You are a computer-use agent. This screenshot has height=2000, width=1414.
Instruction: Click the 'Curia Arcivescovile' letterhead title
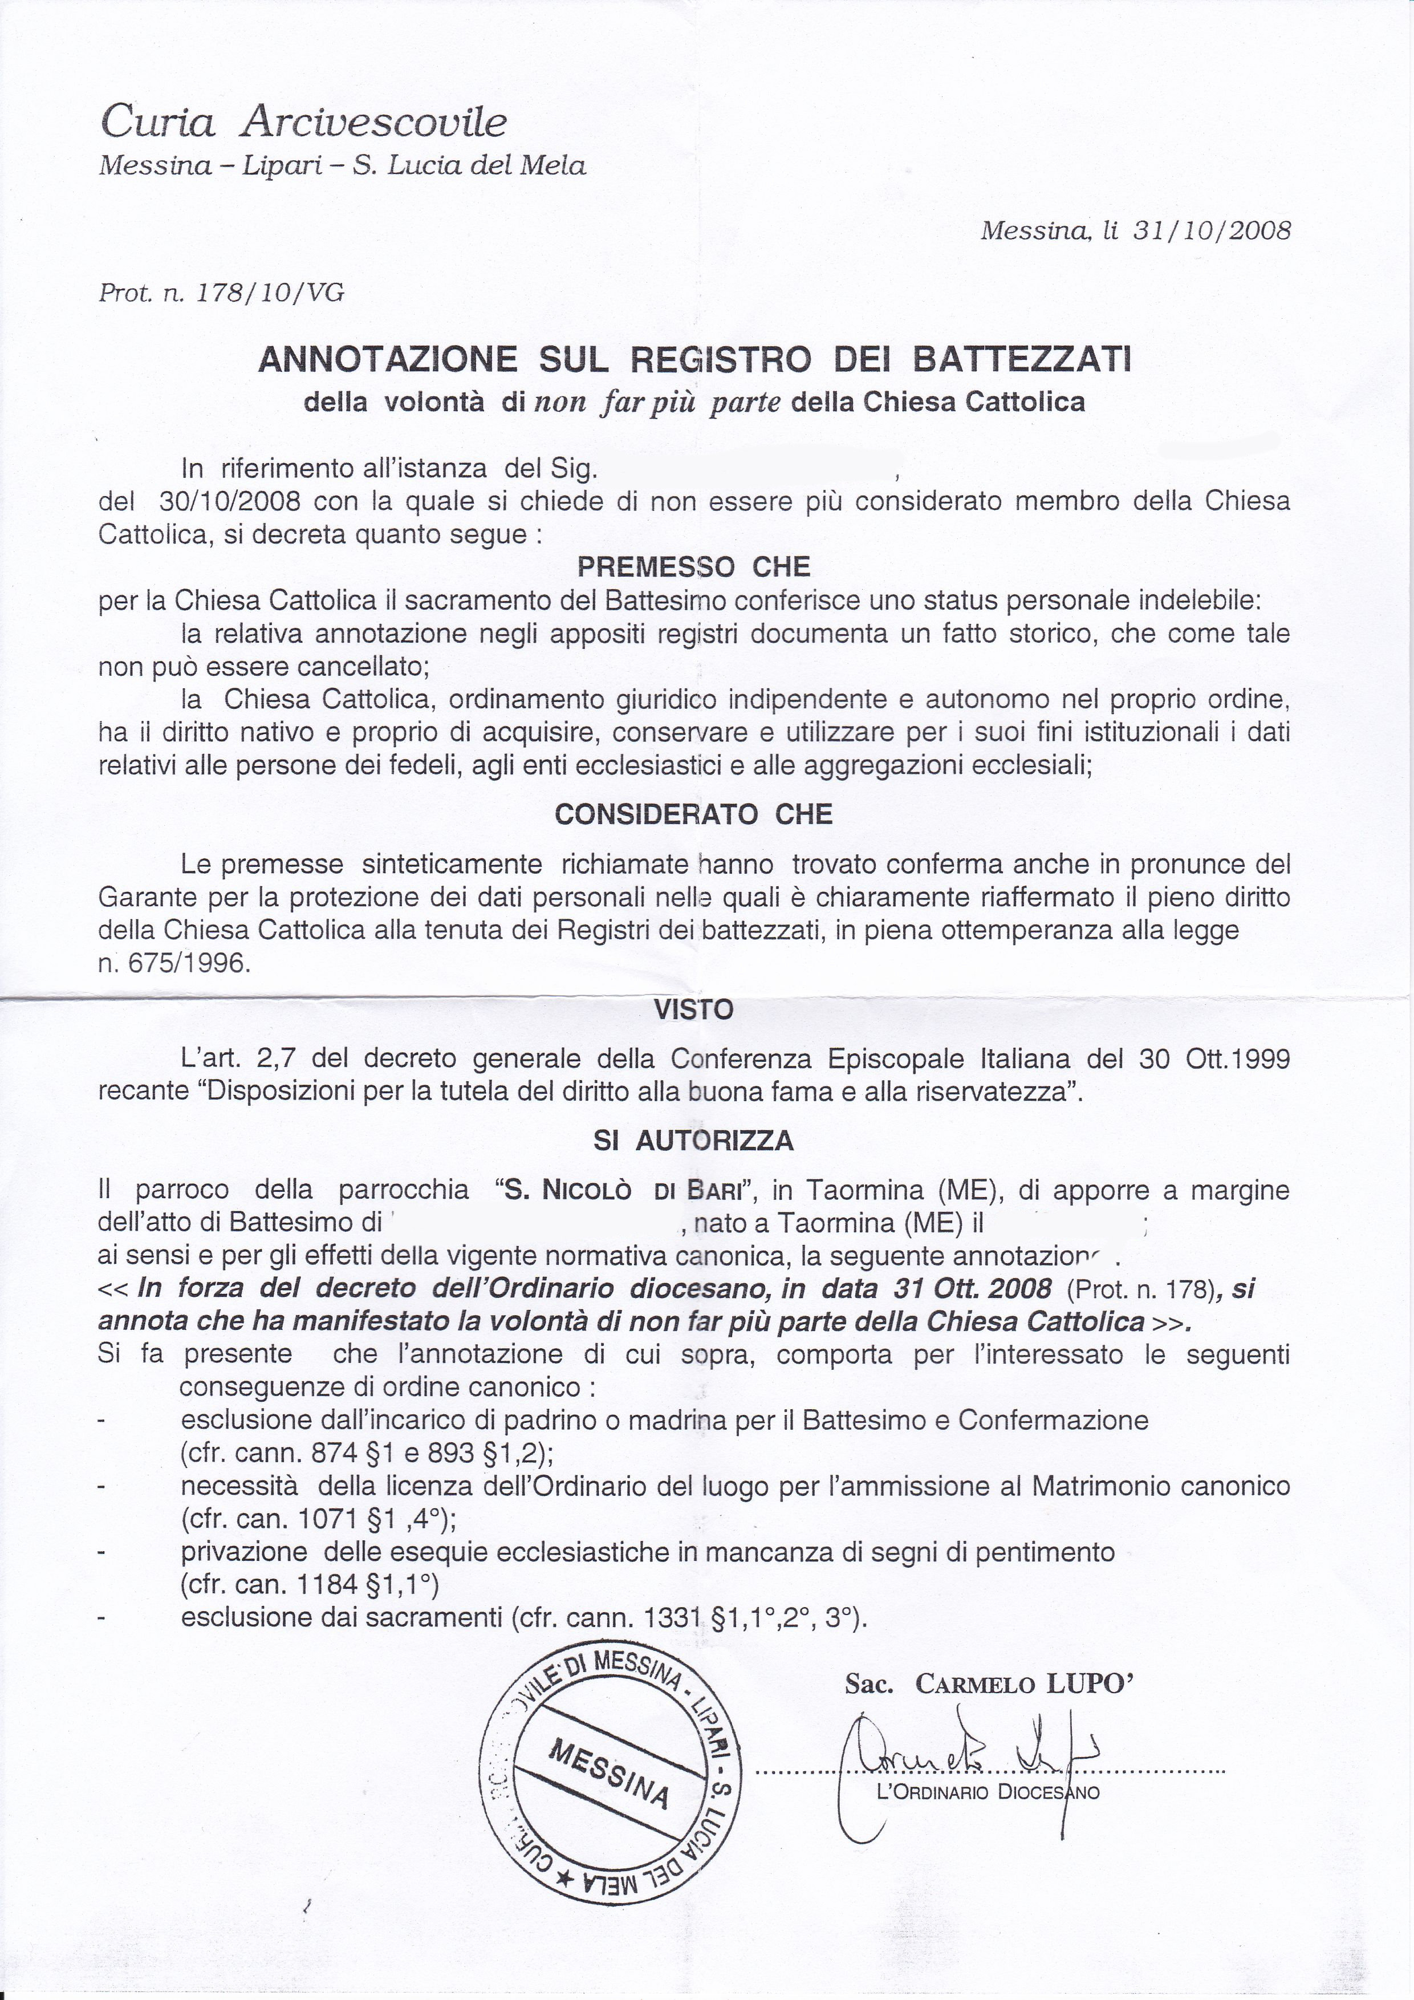pyautogui.click(x=303, y=122)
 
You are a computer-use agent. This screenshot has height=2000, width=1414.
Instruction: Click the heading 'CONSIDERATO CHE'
pyautogui.click(x=694, y=814)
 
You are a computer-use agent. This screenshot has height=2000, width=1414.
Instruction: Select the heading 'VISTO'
pyautogui.click(x=694, y=1009)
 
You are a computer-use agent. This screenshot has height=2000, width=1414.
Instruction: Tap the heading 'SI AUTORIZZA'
pyautogui.click(x=694, y=1140)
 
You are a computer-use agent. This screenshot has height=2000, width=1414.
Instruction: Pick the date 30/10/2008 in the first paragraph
pyautogui.click(x=231, y=502)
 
